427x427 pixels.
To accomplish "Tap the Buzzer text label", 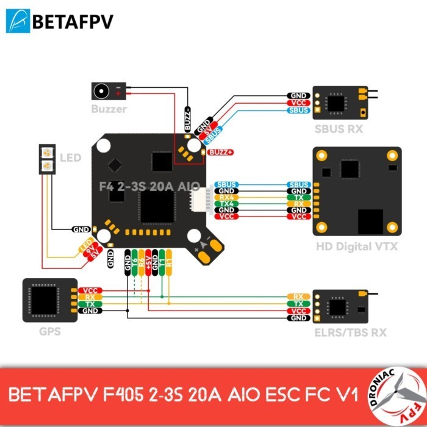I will pos(109,109).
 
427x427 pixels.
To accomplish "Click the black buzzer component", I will pos(107,91).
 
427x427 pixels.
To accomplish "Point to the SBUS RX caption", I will pos(339,129).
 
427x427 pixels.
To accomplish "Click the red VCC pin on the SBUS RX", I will pos(299,103).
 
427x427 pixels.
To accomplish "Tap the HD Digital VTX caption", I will pos(357,246).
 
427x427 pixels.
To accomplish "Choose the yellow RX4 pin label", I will pos(227,197).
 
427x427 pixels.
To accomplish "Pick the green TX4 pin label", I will pos(227,203).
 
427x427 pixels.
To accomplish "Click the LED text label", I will pos(70,158).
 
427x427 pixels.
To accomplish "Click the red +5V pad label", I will pos(148,260).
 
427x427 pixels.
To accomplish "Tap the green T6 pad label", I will pos(134,260).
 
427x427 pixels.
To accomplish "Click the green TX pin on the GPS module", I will pos(90,304).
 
